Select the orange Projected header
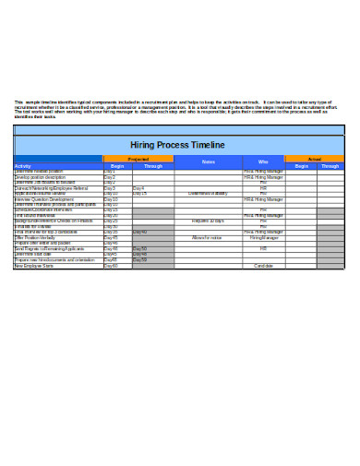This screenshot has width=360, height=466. tap(138, 160)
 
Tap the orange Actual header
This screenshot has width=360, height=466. tap(315, 160)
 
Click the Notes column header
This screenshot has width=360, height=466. tap(208, 162)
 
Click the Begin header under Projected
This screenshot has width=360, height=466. tap(117, 167)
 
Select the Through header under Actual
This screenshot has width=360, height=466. tap(330, 167)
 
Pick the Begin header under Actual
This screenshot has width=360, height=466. tap(300, 167)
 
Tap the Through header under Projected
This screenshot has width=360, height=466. tap(153, 167)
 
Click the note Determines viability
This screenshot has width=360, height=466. tap(207, 194)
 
